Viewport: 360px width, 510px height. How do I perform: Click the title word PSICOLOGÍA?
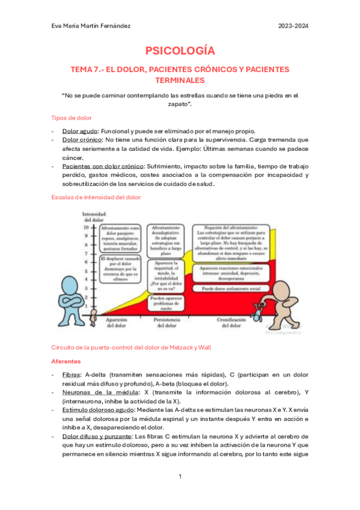pyautogui.click(x=180, y=51)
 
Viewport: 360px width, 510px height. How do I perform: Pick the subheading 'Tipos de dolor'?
pyautogui.click(x=72, y=117)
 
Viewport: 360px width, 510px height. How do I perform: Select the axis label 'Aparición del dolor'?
pyautogui.click(x=119, y=324)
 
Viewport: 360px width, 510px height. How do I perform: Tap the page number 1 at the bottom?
pyautogui.click(x=180, y=476)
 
